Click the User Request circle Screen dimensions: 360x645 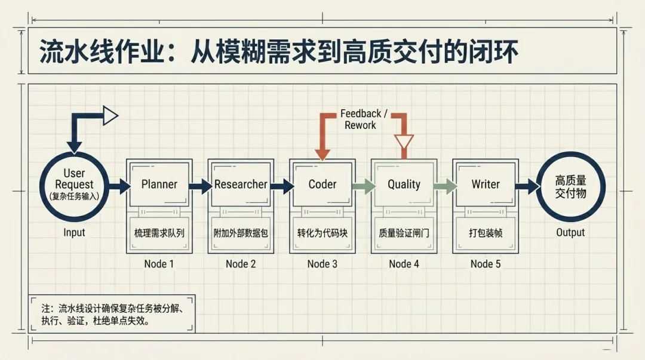[75, 186]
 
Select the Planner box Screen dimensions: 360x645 [159, 184]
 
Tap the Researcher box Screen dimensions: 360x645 [241, 184]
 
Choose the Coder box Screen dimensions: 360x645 [322, 184]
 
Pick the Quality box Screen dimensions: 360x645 [404, 184]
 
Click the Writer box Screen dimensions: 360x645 [486, 184]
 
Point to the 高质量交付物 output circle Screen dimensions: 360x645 [570, 186]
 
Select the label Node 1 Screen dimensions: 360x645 [159, 264]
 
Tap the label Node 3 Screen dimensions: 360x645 [322, 264]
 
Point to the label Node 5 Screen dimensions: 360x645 [486, 264]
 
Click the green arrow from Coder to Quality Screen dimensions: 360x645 [363, 186]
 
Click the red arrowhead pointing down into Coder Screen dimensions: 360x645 [322, 154]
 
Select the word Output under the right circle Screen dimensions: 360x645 [570, 233]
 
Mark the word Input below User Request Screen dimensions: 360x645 [75, 233]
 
